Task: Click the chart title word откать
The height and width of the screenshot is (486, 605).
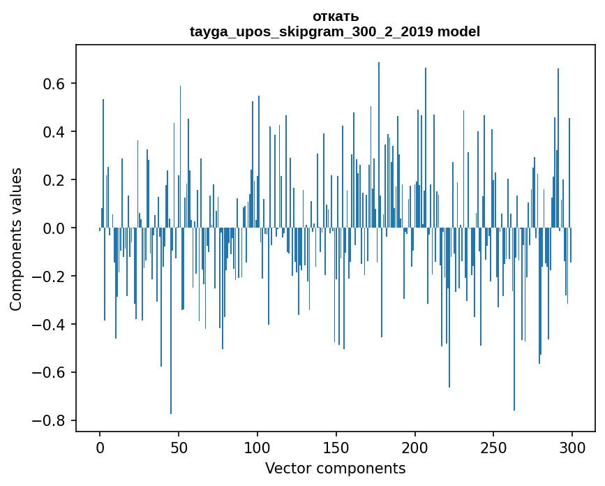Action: [335, 17]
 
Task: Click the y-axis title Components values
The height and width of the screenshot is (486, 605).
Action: [16, 240]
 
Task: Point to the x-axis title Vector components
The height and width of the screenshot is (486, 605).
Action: [335, 468]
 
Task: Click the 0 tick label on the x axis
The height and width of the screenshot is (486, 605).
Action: [100, 448]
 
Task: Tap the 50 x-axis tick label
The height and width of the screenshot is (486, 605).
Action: [179, 448]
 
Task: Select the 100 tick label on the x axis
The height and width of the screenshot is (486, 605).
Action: [257, 448]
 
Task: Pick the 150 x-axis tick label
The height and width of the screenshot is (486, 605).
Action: [336, 448]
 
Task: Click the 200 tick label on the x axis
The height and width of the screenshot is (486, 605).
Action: [415, 448]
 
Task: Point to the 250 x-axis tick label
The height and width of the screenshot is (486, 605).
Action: [494, 448]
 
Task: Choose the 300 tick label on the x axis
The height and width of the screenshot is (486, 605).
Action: [573, 448]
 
